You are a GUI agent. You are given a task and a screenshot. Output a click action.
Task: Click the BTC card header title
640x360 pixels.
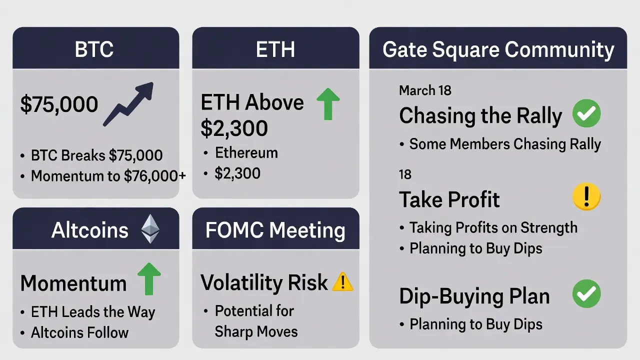pos(94,49)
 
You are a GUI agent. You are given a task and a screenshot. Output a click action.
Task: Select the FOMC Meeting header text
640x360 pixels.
pos(275,230)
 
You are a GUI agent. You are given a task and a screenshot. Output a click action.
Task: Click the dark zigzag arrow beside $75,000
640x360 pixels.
pos(128,104)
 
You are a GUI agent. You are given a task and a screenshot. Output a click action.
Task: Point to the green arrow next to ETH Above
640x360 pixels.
pos(328,104)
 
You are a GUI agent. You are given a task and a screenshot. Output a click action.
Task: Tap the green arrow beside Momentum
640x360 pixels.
pos(149,279)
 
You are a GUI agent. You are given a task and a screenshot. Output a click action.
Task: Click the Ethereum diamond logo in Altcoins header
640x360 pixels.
pos(150,229)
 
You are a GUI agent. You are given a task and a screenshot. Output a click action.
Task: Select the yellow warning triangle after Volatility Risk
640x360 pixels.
pos(343,282)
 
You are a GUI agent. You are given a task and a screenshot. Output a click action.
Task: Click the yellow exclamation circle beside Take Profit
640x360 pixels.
pos(586,196)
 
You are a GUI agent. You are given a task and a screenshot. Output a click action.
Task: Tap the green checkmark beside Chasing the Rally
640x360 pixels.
pos(586,113)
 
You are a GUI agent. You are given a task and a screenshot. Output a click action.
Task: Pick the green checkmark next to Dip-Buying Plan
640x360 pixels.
pos(586,293)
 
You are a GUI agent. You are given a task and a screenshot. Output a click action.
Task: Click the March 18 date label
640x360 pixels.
pos(425,90)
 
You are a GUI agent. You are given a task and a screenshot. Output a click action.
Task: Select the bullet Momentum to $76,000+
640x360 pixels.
pos(103,176)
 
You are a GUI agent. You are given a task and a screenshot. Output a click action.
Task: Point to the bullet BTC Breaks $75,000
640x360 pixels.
pos(91,155)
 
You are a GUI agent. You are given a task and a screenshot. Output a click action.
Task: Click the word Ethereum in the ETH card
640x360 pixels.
pos(246,153)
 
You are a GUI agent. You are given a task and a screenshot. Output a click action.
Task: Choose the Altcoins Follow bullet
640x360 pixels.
pos(74,332)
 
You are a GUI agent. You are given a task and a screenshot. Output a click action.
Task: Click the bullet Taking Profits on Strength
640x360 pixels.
pos(488,228)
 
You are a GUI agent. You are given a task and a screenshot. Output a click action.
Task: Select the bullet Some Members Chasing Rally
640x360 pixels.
pos(500,144)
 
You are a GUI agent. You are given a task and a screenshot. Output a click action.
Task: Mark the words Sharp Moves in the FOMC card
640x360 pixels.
pos(256,331)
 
